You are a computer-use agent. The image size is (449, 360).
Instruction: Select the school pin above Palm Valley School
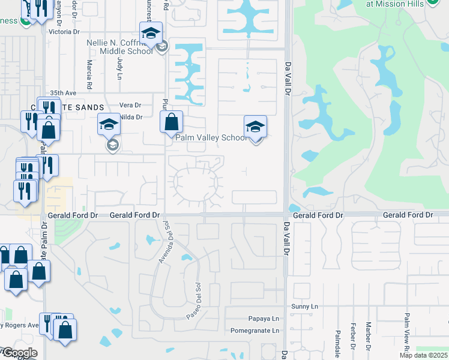point(255,127)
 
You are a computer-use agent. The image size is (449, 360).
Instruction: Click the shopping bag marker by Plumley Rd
point(172,122)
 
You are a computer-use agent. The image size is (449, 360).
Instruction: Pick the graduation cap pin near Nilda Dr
point(109,125)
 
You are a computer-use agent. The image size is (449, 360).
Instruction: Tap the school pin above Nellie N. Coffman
point(151,34)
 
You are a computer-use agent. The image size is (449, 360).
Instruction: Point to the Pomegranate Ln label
point(255,331)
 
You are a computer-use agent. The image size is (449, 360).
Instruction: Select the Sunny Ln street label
point(305,307)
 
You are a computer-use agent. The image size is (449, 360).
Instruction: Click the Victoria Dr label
point(64,31)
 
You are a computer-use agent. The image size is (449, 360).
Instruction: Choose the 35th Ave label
point(63,93)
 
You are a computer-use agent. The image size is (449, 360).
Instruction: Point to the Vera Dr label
point(129,104)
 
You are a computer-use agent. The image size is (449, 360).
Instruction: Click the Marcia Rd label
point(89,71)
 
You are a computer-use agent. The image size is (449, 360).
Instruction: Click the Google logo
point(19,353)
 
